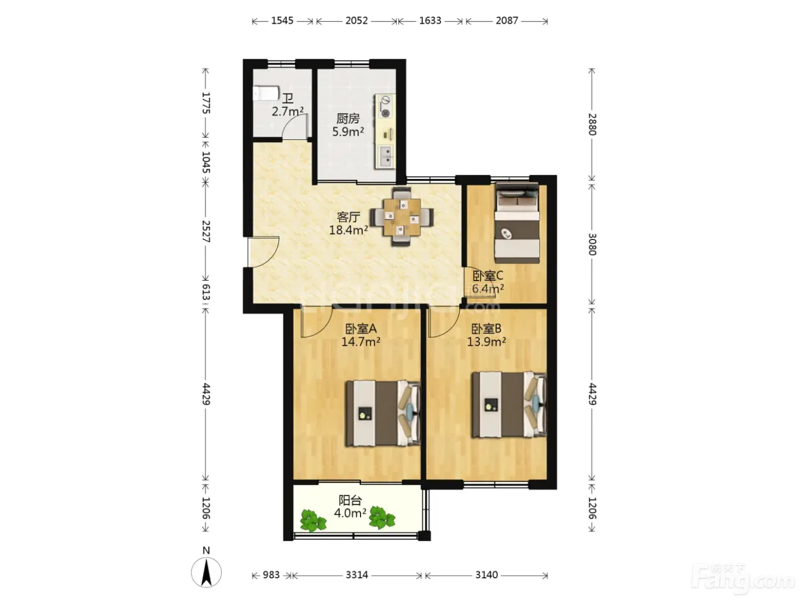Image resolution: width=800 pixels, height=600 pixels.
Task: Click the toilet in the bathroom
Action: point(266,93)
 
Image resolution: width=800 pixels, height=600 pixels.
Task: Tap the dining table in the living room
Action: point(401,217)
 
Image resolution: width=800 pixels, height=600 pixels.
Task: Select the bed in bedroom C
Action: point(517,223)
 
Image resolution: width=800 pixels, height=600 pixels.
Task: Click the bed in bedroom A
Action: point(383,413)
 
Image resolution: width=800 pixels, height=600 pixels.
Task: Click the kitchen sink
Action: point(385,156)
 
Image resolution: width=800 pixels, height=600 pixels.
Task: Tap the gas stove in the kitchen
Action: point(385,107)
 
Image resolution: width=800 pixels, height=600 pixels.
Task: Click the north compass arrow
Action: point(207,573)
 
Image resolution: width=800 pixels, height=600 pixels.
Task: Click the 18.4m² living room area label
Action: point(349,230)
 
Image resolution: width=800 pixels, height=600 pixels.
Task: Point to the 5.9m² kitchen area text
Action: point(347,131)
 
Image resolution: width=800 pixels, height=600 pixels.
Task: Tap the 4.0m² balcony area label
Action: point(350,513)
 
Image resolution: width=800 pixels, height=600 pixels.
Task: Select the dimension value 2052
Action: point(357,21)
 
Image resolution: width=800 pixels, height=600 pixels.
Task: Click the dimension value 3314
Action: point(357,575)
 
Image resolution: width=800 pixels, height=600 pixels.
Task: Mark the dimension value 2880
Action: point(592,125)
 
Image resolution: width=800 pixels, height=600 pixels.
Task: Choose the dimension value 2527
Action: point(206,231)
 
